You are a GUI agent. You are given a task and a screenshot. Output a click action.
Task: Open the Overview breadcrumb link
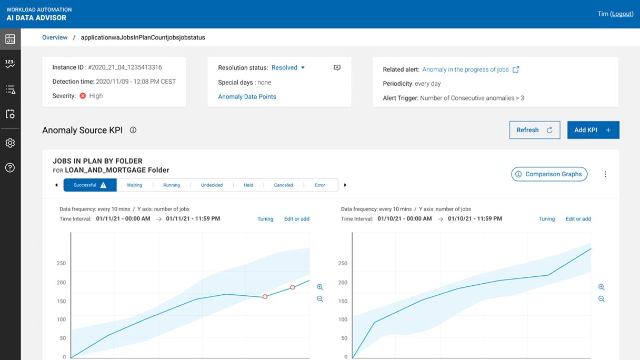55,37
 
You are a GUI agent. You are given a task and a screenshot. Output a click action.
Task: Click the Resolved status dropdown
288,68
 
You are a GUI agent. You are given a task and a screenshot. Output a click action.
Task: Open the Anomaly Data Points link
247,97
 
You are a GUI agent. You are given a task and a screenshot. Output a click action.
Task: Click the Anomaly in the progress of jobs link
465,69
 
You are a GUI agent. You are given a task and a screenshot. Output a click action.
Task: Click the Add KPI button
593,130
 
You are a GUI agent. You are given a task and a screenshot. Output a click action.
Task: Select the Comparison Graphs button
549,174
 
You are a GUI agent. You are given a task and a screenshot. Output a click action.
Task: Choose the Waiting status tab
134,185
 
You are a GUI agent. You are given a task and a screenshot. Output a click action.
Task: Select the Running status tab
172,185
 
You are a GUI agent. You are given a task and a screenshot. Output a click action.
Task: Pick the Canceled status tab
283,185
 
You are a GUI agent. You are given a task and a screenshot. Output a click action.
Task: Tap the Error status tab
320,185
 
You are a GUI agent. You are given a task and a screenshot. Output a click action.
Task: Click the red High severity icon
83,96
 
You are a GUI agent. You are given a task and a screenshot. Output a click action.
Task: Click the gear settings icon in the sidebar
10,143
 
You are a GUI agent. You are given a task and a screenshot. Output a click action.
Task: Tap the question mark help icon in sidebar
10,168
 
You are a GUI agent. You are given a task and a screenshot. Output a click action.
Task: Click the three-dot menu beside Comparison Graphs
605,174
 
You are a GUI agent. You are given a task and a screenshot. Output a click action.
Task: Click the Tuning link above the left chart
265,219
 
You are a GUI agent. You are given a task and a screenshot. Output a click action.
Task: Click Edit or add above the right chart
578,219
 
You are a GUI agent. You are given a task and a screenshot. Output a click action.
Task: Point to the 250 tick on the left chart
62,264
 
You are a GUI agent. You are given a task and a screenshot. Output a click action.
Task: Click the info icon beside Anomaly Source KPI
133,130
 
